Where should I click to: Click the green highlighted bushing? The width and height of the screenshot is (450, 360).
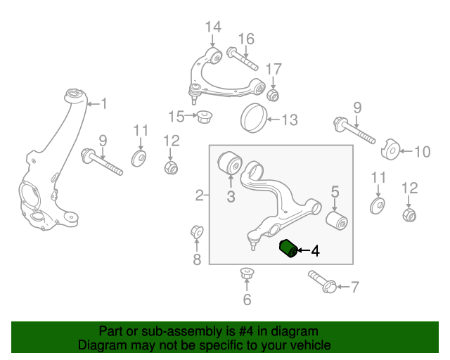point(288,248)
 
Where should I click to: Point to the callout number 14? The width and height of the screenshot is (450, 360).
point(212,27)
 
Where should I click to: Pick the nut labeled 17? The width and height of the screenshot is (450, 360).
point(274,94)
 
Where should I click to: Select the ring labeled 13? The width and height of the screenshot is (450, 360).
point(255,117)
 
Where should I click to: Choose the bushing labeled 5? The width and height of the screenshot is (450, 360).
point(337,221)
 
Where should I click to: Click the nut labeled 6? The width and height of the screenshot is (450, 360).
point(246,273)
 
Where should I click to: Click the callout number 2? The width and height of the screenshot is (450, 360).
point(198,195)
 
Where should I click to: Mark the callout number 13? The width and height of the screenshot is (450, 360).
point(290,120)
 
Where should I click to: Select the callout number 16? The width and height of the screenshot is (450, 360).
point(245,38)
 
